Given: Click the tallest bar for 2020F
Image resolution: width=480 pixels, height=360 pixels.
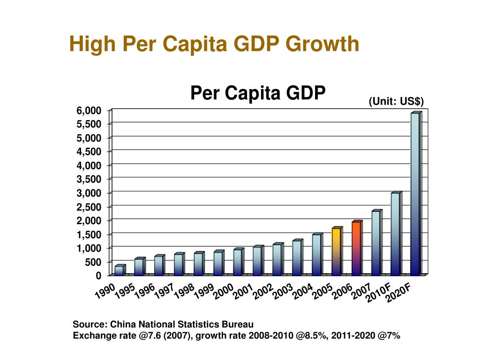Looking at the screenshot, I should coord(415,194).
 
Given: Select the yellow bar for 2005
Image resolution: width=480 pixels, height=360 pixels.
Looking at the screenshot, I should coord(336,252).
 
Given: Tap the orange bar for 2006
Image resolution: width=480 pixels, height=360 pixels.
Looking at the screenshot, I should coord(356,248).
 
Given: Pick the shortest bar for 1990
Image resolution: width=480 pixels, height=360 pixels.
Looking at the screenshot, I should coord(119,270).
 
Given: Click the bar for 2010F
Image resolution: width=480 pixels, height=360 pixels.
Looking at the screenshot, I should coord(395,234).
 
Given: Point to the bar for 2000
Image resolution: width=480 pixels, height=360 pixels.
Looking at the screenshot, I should coord(238,262).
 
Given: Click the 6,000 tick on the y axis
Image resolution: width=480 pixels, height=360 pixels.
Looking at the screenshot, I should coord(89,111).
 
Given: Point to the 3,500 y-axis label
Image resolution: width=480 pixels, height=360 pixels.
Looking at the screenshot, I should coord(89,179).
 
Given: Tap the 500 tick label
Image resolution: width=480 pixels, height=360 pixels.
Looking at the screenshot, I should coord(93,262).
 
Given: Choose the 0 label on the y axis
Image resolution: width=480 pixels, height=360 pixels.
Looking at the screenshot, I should coord(98,276).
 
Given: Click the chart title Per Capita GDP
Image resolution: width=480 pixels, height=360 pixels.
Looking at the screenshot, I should coord(257,93).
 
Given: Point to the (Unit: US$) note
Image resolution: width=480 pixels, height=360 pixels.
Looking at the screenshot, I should coord(396,101).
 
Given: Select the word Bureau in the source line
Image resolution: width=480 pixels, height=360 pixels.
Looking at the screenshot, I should coord(238,324).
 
